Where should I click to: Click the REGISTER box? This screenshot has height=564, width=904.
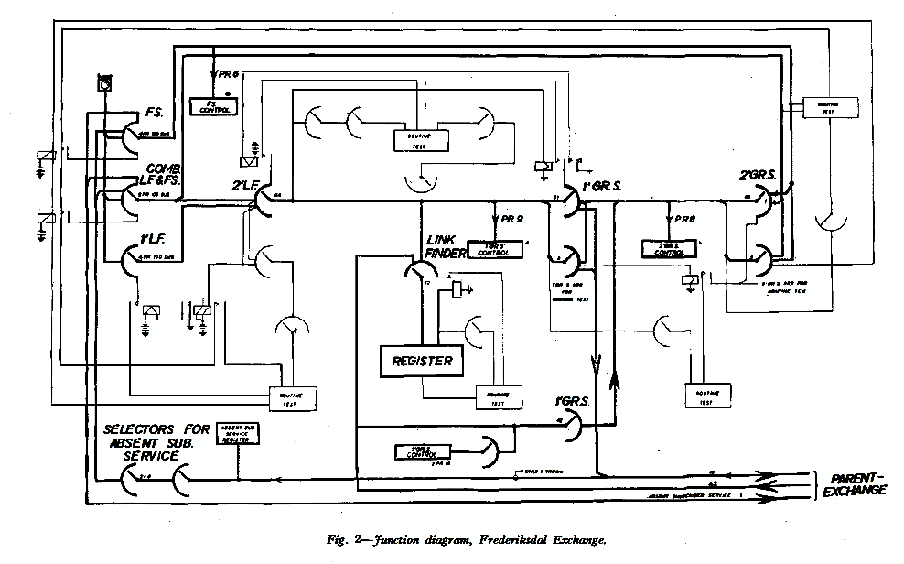pos(422,360)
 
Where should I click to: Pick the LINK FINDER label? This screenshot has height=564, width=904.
pos(447,245)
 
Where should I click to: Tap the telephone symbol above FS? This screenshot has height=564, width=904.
pos(103,85)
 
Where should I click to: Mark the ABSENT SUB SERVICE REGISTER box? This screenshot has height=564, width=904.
pos(236,433)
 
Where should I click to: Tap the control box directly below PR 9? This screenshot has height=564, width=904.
pos(498,248)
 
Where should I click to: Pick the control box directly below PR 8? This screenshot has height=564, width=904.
pos(672,248)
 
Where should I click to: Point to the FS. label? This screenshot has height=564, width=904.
pos(154,113)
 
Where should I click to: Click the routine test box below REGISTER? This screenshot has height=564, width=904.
pos(499,397)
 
